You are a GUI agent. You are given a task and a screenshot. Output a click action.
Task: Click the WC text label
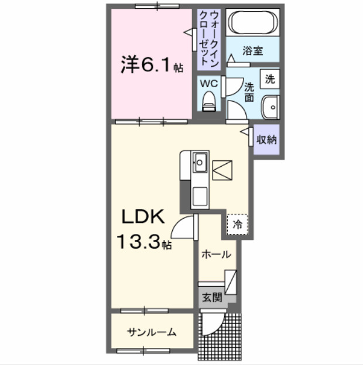(209, 84)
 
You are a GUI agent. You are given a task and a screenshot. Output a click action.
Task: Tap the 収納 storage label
(266, 140)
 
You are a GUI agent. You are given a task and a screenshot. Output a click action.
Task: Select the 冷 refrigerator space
(238, 223)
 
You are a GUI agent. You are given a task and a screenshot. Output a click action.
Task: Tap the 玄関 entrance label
(213, 297)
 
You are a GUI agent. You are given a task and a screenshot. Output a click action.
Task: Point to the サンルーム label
(152, 332)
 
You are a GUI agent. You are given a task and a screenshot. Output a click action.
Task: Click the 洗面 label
(248, 91)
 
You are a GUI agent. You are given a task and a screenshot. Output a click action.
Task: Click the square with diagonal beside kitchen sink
(222, 170)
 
